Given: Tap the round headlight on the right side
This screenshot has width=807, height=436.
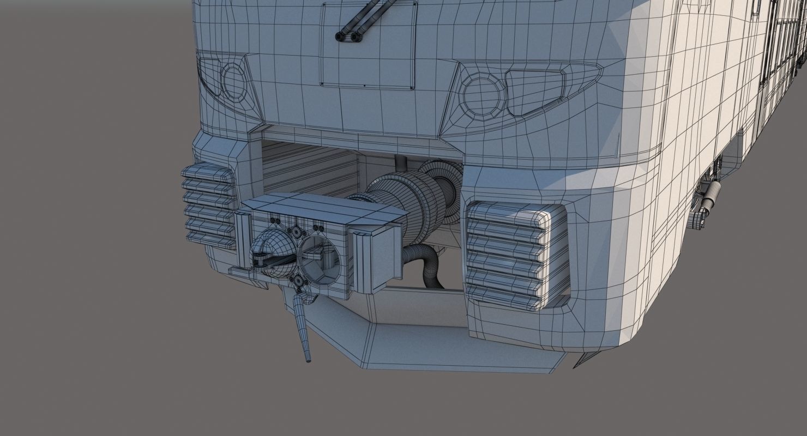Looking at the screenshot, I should (481, 94).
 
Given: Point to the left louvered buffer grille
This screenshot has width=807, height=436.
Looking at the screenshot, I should (209, 204).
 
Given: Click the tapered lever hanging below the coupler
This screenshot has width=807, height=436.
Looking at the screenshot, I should (302, 327).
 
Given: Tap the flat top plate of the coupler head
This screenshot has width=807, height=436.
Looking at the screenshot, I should (322, 205).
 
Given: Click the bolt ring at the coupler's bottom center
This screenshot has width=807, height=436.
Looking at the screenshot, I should (298, 281).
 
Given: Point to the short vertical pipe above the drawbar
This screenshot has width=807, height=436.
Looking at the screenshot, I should (401, 163).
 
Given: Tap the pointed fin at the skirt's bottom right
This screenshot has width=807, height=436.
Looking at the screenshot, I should (579, 360).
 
